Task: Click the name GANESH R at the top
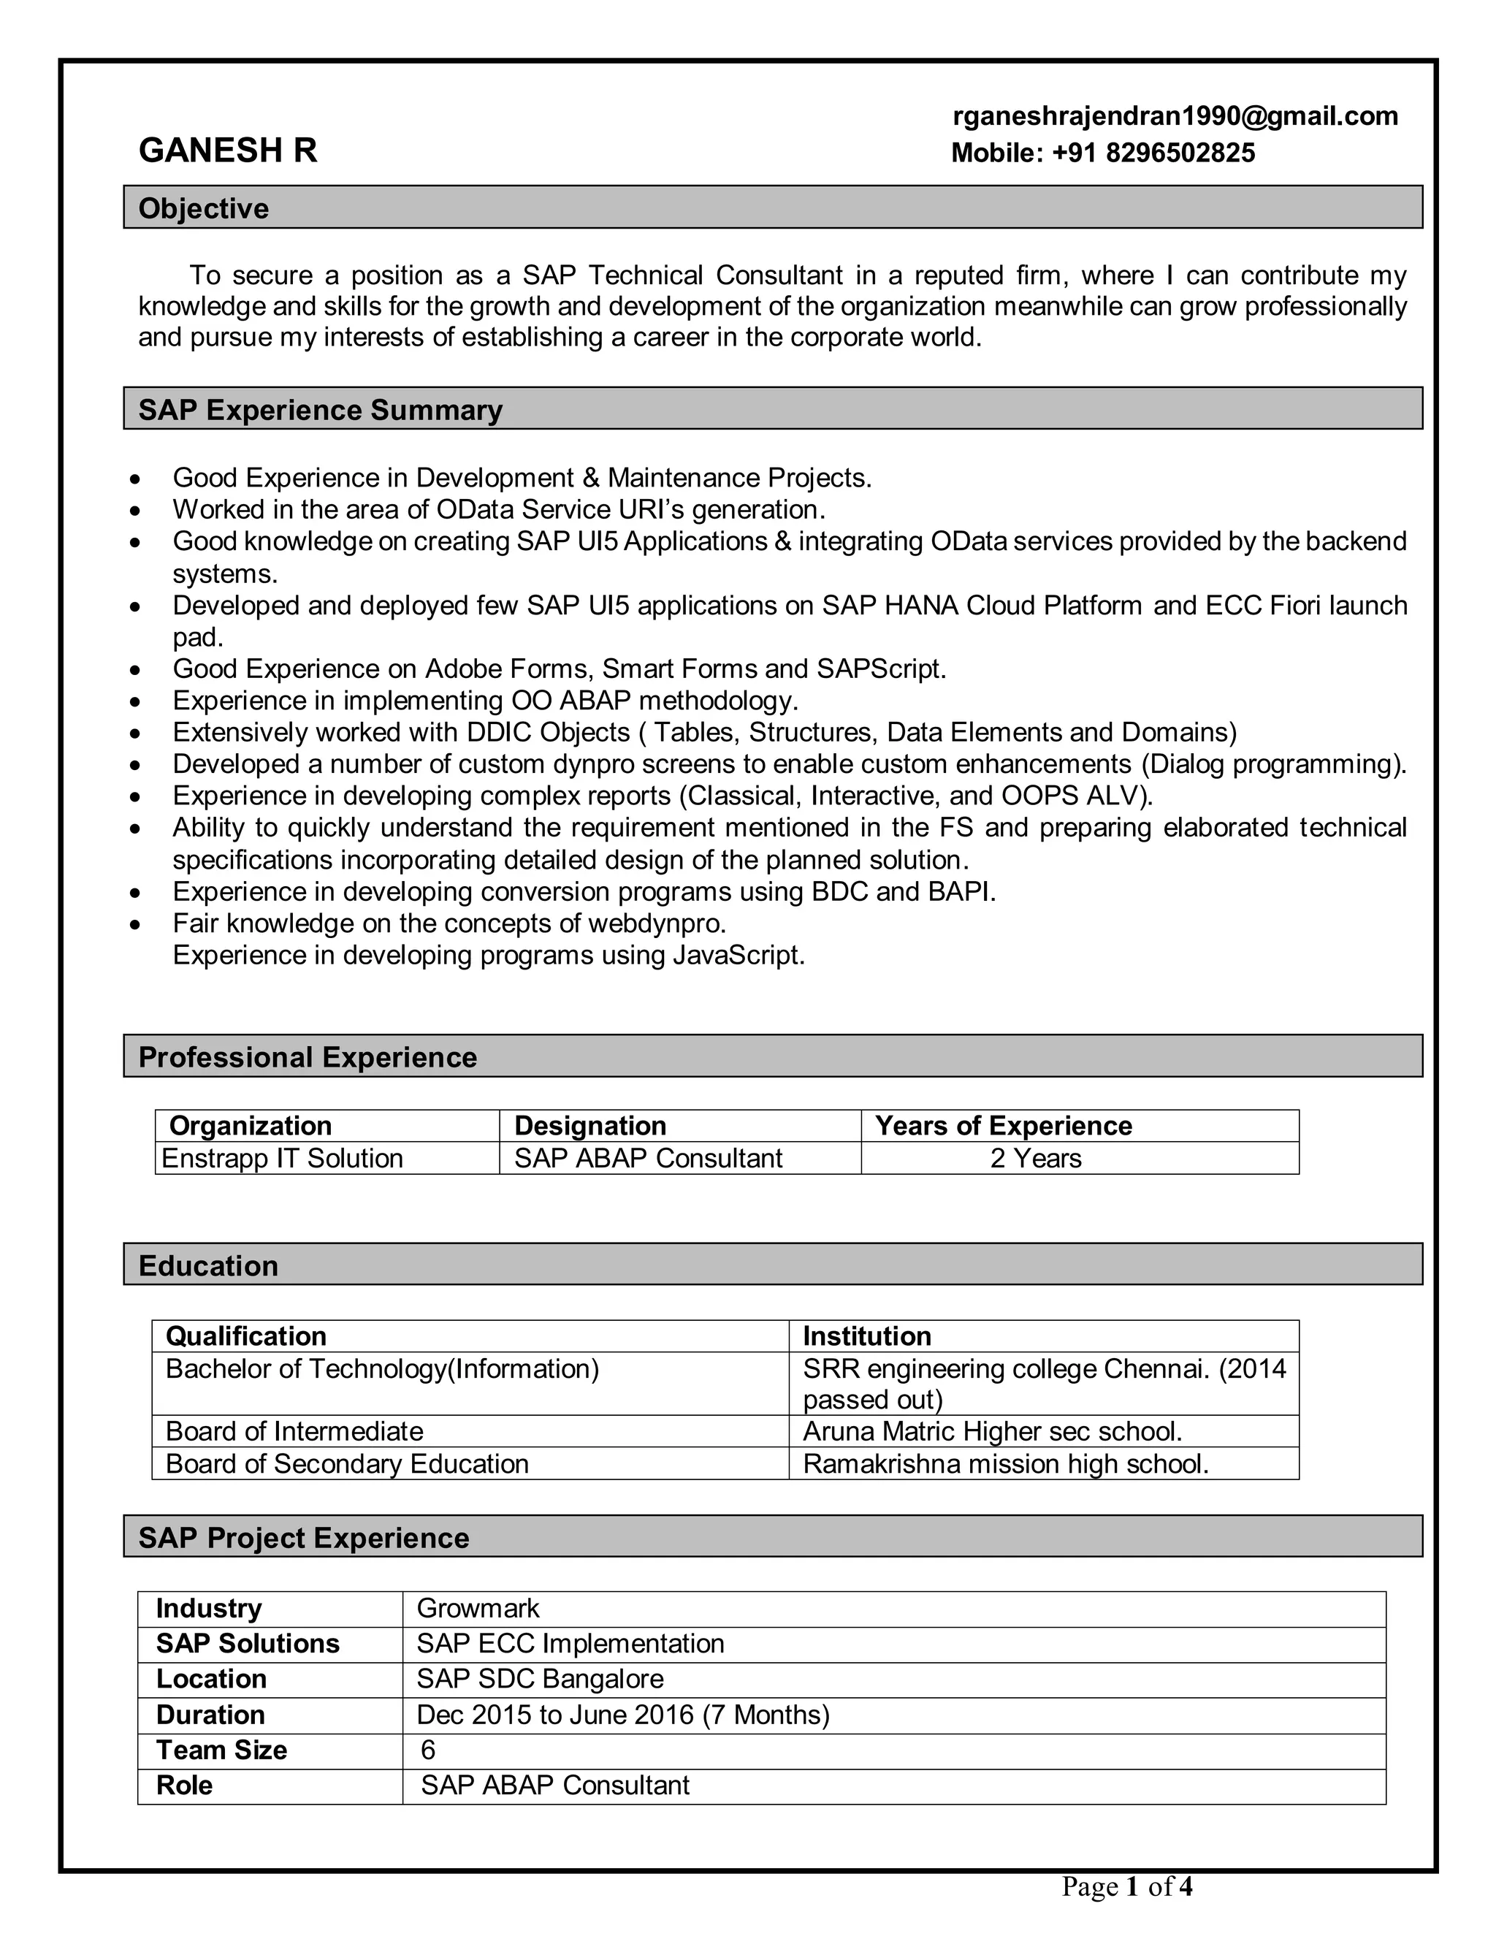(x=228, y=150)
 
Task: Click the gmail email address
(x=1175, y=116)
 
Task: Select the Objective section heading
(x=204, y=208)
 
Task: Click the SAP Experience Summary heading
(x=320, y=410)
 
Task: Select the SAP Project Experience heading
(x=304, y=1537)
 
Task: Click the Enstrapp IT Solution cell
(x=282, y=1158)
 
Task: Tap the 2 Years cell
(x=1035, y=1158)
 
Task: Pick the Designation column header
(x=590, y=1125)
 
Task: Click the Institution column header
(x=867, y=1336)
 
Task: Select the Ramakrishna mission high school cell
(x=1005, y=1463)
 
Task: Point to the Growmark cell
(x=478, y=1608)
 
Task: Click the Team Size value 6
(x=428, y=1750)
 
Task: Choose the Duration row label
(x=211, y=1715)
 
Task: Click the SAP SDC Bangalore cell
(x=540, y=1679)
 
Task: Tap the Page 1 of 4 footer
(x=1127, y=1886)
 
